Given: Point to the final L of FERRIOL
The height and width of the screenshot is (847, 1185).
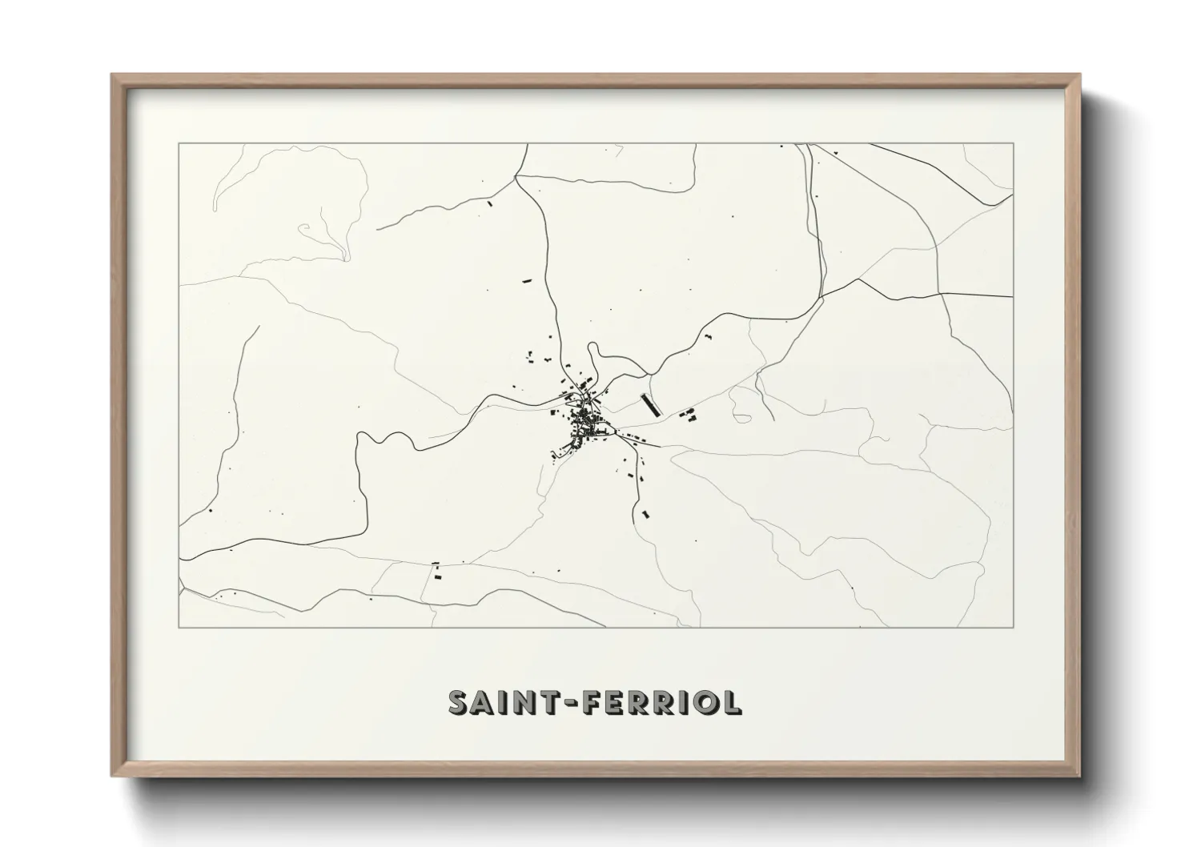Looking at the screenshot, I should pyautogui.click(x=731, y=702).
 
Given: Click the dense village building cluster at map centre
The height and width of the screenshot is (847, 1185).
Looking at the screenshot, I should pyautogui.click(x=584, y=419).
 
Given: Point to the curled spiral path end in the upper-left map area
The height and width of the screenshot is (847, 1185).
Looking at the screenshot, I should pyautogui.click(x=305, y=229).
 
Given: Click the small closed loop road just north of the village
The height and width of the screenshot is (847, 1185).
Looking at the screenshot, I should pyautogui.click(x=594, y=357).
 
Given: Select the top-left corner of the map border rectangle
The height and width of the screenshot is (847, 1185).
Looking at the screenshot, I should pyautogui.click(x=179, y=144).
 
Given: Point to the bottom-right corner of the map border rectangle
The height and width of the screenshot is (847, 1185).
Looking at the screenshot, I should pyautogui.click(x=1014, y=627).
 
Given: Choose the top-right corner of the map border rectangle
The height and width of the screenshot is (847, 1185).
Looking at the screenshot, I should pyautogui.click(x=1014, y=144).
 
